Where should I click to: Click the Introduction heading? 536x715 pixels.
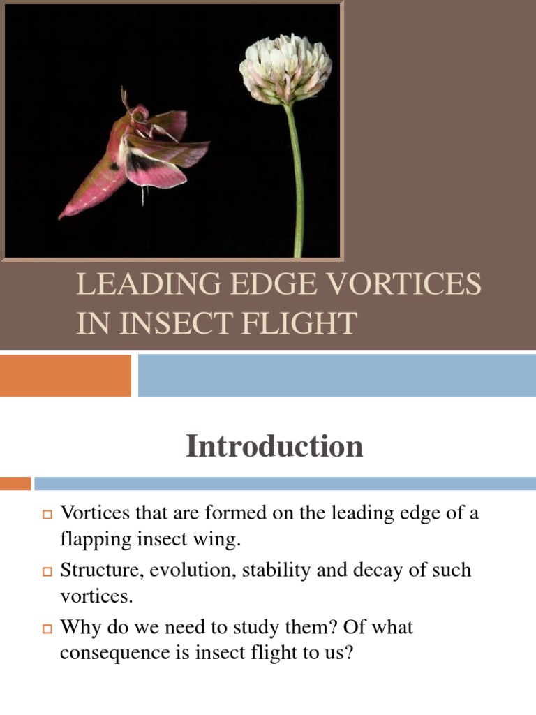[274, 446]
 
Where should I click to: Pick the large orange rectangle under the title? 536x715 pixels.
[65, 375]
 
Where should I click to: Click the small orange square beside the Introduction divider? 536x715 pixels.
[15, 483]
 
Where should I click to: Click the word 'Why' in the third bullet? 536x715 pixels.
[79, 627]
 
